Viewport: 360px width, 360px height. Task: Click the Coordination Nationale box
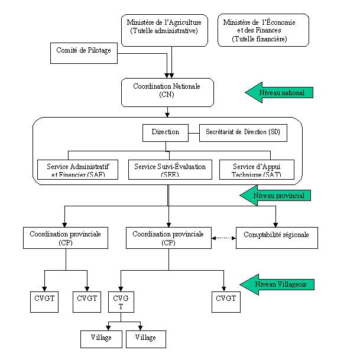click(x=168, y=92)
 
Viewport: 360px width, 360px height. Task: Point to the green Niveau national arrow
click(x=278, y=93)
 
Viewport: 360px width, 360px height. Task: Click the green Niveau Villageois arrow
click(x=278, y=284)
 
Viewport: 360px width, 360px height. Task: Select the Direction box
click(x=166, y=132)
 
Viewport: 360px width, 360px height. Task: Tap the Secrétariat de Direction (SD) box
click(x=243, y=132)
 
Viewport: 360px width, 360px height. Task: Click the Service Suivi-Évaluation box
click(x=170, y=169)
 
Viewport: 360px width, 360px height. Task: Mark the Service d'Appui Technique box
click(x=257, y=169)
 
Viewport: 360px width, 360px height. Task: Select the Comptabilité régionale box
click(x=276, y=237)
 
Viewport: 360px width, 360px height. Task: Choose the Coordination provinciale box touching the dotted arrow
click(x=168, y=238)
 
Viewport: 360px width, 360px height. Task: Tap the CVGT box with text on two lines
click(x=121, y=303)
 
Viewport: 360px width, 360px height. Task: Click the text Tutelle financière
click(x=260, y=39)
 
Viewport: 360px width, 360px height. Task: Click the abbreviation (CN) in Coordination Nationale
click(x=168, y=95)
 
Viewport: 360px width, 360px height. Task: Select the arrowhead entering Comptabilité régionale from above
click(x=275, y=223)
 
